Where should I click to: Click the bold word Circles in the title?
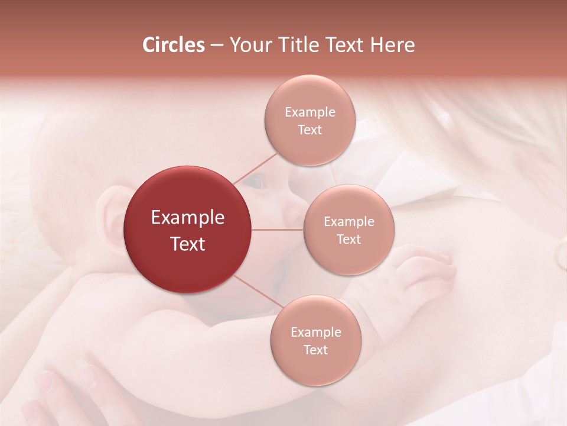point(173,45)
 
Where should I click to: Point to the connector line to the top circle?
point(255,168)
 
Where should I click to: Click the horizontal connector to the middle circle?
point(277,230)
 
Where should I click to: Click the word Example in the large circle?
point(187,218)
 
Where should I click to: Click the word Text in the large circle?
point(187,244)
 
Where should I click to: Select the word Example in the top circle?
point(309,112)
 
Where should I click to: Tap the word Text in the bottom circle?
point(315,350)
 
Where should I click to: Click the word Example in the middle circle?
point(348,222)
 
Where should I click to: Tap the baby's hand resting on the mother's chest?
point(422,272)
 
